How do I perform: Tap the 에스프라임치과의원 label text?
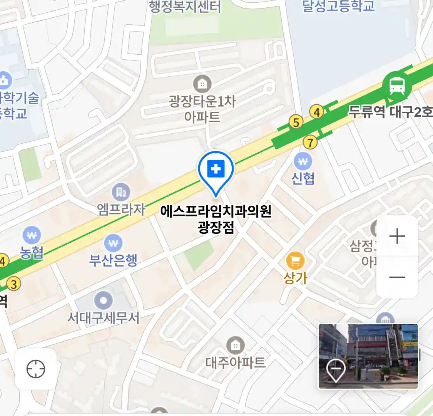[216, 211]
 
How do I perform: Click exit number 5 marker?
[296, 122]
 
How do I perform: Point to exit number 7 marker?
[310, 143]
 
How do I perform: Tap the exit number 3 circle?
[14, 284]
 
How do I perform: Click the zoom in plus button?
[397, 236]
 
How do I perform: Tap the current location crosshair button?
[36, 369]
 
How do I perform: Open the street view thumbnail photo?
[368, 356]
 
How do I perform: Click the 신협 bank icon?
[303, 162]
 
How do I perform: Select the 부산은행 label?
[113, 260]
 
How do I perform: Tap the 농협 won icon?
[32, 235]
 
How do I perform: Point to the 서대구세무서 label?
[103, 318]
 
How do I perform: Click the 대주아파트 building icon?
[235, 345]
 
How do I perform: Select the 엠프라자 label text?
[121, 209]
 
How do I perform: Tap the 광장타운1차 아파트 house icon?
[202, 84]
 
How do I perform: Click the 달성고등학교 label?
[338, 6]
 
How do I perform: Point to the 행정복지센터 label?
[185, 7]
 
